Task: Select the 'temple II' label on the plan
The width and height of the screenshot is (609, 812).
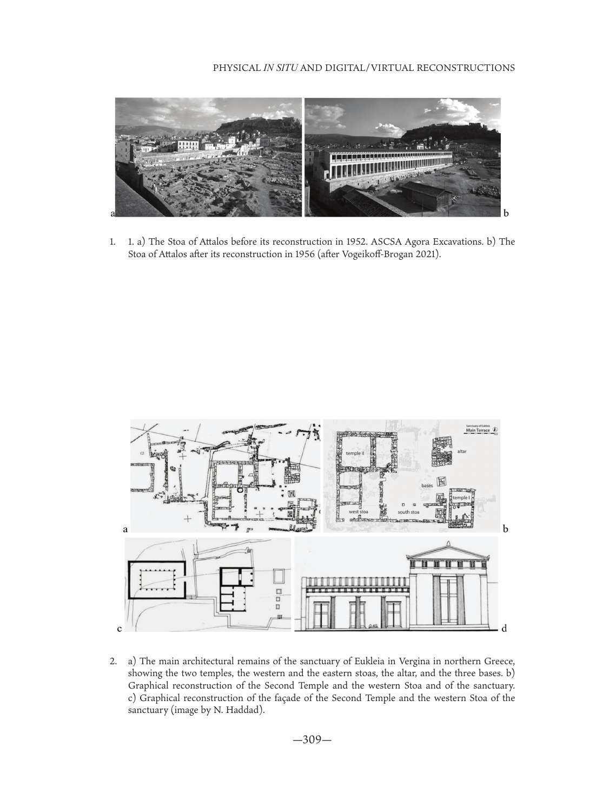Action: coord(354,453)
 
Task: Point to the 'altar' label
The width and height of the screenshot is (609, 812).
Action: coord(461,451)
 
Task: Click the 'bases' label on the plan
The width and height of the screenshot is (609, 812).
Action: coord(427,486)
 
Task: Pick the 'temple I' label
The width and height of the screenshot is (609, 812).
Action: coord(461,497)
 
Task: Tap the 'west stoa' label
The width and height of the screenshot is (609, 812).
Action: coord(358,512)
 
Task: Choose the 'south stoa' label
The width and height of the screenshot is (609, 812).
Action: coord(408,512)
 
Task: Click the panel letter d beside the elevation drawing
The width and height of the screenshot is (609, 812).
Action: coord(504,628)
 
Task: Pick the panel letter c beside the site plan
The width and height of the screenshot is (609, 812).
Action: coord(119,628)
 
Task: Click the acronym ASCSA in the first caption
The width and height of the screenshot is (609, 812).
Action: coord(386,241)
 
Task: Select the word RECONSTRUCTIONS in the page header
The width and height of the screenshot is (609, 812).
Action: coord(465,68)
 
